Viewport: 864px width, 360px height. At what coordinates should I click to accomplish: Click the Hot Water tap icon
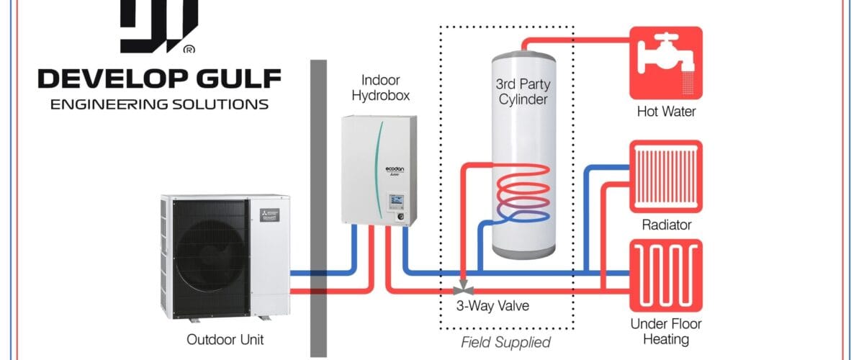(665, 63)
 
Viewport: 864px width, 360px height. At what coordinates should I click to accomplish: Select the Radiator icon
(665, 175)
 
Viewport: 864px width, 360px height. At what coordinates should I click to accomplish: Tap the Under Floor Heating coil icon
(665, 274)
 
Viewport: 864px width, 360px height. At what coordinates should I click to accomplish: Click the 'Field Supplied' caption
(505, 342)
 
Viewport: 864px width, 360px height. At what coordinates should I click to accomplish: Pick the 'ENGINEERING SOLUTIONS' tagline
(159, 104)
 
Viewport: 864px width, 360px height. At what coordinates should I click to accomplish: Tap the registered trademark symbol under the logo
(189, 50)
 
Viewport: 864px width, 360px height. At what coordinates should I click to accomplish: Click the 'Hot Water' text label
(665, 112)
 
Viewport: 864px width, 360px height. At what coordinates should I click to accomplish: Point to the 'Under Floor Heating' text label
(665, 331)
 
